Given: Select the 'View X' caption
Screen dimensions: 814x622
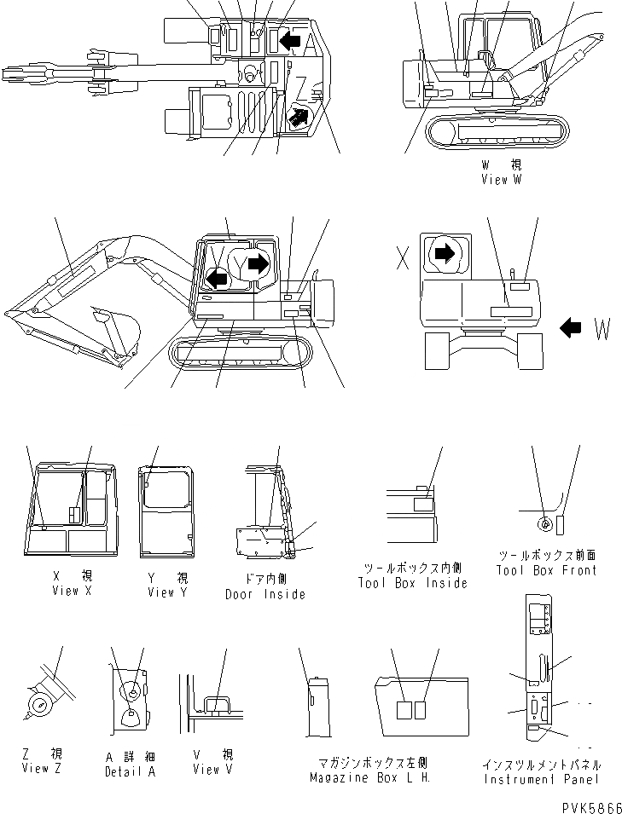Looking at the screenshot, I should (x=71, y=591).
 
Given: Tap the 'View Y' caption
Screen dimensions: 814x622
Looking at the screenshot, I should (x=166, y=592).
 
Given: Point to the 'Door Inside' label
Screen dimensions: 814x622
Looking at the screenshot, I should (x=265, y=594).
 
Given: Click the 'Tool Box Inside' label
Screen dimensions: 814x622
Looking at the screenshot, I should (x=413, y=583).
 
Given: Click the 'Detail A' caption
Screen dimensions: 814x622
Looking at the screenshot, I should (x=130, y=771).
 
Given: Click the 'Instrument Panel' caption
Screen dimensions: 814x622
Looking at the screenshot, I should (x=542, y=779).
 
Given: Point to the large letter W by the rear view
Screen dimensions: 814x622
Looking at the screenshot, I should (x=602, y=329).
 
